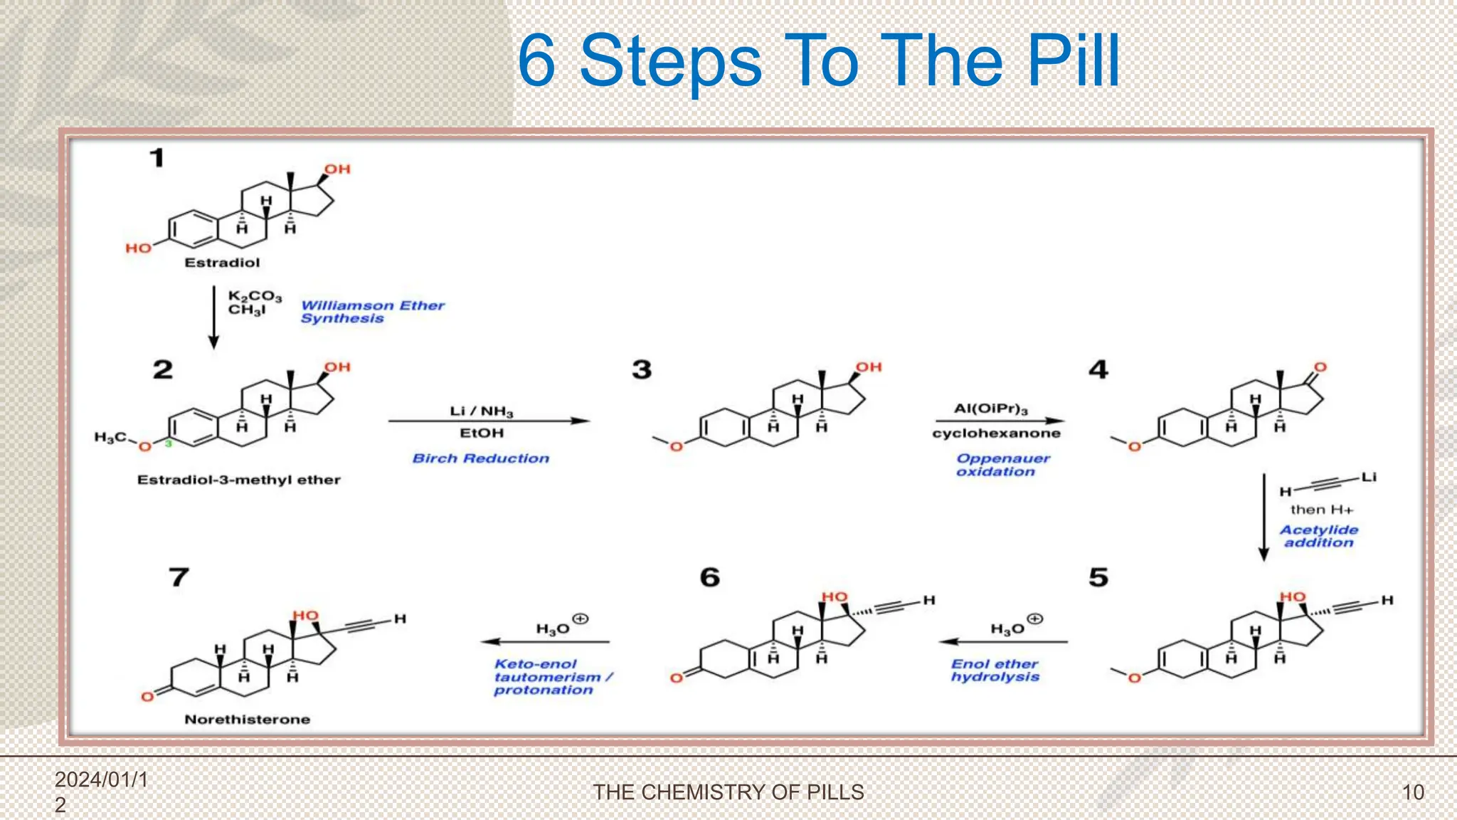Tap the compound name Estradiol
[222, 263]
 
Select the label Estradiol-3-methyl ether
[238, 480]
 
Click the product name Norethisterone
[247, 720]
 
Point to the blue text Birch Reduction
[481, 458]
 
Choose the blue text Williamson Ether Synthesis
[371, 312]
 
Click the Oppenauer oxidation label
[1001, 465]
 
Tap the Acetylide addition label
[1318, 536]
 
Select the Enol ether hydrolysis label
[995, 670]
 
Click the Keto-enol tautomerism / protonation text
[551, 676]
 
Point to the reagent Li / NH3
[481, 411]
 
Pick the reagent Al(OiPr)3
[991, 409]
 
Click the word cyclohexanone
[996, 433]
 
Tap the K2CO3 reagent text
[254, 295]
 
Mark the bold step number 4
[1098, 369]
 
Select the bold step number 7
[179, 577]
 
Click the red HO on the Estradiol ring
[139, 248]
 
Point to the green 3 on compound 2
[169, 443]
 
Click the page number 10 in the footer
[1412, 792]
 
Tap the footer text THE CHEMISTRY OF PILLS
[728, 792]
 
